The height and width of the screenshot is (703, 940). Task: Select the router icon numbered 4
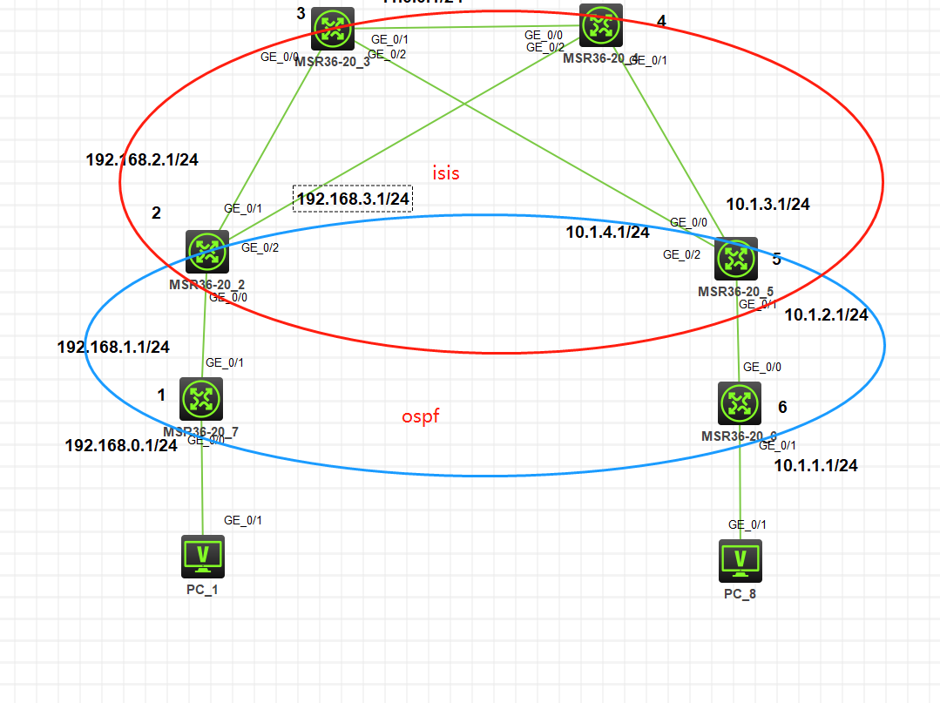[x=601, y=25]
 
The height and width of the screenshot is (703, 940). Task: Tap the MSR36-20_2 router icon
[x=207, y=252]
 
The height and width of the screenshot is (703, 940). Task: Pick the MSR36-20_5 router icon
[x=736, y=259]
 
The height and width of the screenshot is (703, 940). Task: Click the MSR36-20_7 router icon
[x=202, y=399]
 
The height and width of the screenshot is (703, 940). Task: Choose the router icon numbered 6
[x=740, y=403]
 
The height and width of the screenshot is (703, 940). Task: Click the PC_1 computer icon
[x=203, y=557]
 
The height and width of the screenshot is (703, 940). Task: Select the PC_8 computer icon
[x=741, y=560]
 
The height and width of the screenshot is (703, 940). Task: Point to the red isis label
[x=446, y=173]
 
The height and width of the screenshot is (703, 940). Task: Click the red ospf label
[x=421, y=416]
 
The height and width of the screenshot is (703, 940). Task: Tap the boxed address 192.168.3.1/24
[x=353, y=199]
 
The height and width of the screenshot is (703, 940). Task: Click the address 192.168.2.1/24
[x=142, y=160]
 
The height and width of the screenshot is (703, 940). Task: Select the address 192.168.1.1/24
[x=113, y=347]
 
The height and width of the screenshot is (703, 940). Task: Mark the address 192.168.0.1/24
[x=121, y=445]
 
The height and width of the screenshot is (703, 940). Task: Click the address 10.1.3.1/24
[x=768, y=205]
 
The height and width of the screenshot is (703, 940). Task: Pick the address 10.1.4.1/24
[x=608, y=233]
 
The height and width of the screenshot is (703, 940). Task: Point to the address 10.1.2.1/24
[x=826, y=315]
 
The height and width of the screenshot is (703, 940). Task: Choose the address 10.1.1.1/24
[x=815, y=466]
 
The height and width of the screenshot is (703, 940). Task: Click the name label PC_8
[x=741, y=594]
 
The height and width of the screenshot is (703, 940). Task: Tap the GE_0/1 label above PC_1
[x=243, y=520]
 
